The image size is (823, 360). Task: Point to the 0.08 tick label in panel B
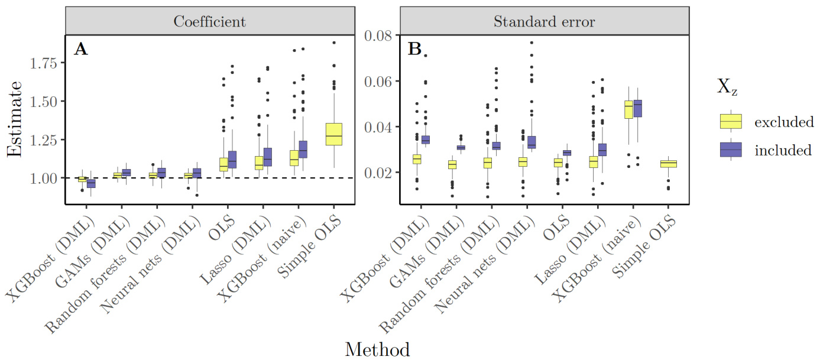point(381,35)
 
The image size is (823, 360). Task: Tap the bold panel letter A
point(80,50)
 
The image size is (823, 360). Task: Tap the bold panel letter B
point(415,50)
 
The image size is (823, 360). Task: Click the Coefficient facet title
point(209,21)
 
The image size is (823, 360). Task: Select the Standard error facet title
point(545,21)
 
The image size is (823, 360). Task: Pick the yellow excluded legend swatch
point(731,122)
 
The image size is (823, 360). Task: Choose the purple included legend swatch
point(731,150)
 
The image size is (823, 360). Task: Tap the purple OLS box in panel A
point(232,160)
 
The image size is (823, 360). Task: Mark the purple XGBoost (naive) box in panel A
point(303,149)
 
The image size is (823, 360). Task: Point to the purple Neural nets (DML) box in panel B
point(531,142)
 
